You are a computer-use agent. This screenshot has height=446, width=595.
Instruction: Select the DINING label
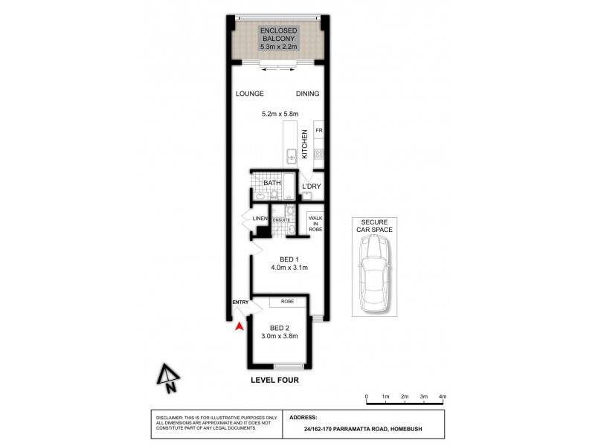pos(307,94)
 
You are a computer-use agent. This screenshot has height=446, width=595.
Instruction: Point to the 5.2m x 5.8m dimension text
pos(280,114)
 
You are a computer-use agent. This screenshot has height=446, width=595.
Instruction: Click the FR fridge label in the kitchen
pos(318,131)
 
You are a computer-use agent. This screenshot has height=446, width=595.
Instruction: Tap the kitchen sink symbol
pos(292,156)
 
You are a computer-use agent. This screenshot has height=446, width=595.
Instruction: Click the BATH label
pos(271,182)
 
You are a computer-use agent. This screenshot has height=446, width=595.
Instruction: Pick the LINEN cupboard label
pos(260,219)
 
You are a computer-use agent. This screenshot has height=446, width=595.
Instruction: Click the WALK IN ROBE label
pos(315,224)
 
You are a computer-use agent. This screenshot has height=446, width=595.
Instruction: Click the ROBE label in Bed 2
pos(287,302)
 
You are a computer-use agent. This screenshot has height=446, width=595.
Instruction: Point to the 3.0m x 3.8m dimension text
pos(279,336)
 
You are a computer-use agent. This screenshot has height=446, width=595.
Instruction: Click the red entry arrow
pos(239,326)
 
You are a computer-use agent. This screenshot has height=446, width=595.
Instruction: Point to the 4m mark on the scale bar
pos(443,397)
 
